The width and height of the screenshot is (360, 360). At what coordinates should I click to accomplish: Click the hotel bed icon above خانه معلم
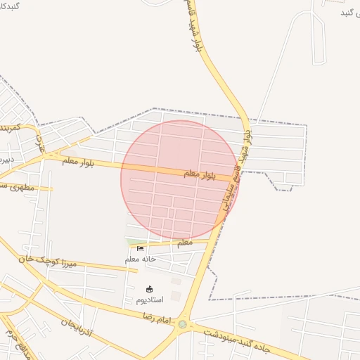tap(140, 248)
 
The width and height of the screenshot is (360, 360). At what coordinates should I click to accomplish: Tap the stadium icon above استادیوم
tap(149, 289)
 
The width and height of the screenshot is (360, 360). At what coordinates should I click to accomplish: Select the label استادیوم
tap(149, 300)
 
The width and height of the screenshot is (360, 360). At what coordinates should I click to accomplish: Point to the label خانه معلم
tap(141, 259)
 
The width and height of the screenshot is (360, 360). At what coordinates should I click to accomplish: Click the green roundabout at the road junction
tap(183, 324)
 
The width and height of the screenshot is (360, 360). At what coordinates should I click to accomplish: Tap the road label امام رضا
tap(155, 319)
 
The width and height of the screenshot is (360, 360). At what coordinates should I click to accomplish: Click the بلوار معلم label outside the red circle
tap(77, 162)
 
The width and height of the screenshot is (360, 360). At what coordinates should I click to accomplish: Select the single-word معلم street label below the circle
tap(184, 243)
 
